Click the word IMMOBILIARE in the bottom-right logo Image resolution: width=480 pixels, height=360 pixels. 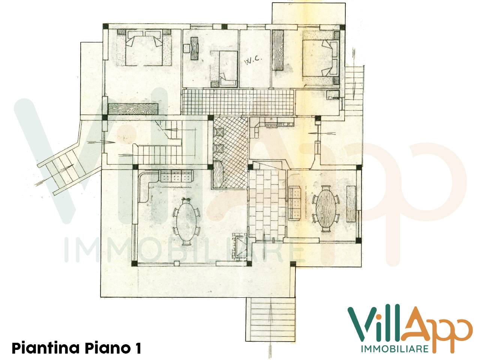pyautogui.click(x=394, y=349)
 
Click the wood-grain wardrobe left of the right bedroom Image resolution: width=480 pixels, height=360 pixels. pyautogui.click(x=277, y=50)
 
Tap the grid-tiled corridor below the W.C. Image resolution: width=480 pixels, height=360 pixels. pyautogui.click(x=238, y=102)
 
